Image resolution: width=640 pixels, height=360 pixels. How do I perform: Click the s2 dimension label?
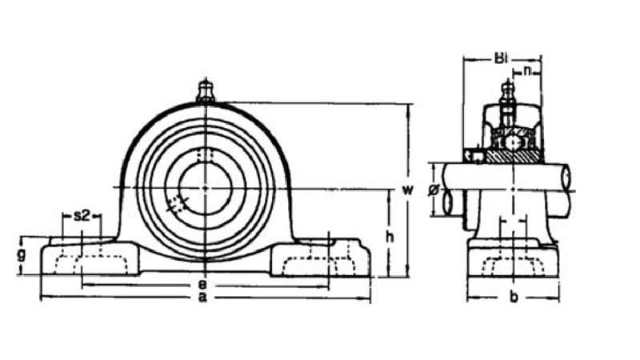click(x=82, y=215)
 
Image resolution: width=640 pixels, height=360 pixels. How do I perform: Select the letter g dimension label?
click(x=22, y=255)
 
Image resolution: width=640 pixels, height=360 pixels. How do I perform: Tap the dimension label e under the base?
click(x=203, y=284)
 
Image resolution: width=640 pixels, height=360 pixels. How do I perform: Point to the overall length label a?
click(x=203, y=298)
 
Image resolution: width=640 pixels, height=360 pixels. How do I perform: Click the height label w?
click(x=407, y=190)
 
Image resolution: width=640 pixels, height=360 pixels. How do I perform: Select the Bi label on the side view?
click(x=501, y=58)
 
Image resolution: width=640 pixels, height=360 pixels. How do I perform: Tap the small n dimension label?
click(x=528, y=71)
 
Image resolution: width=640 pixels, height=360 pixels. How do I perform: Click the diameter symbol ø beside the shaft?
click(x=433, y=190)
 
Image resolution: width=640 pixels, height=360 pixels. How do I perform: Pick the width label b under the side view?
click(x=514, y=298)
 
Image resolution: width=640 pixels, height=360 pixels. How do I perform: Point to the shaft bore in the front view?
click(x=205, y=187)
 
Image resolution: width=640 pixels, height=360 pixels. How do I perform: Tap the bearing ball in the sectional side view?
click(x=510, y=142)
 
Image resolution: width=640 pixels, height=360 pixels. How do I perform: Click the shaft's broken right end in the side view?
click(x=569, y=178)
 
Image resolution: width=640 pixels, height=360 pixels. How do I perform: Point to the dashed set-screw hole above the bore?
click(x=205, y=155)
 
